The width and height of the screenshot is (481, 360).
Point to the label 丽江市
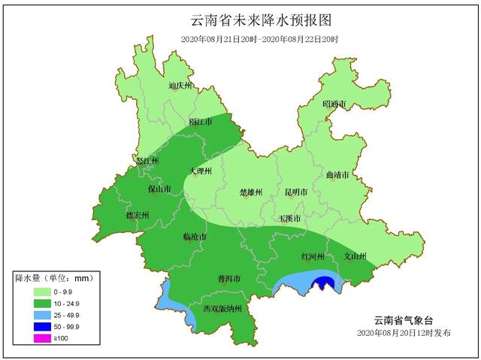click(x=201, y=121)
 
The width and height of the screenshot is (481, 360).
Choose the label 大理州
click(x=201, y=171)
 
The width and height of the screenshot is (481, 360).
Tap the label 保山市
click(x=159, y=189)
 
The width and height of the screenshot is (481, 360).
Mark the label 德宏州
click(x=137, y=215)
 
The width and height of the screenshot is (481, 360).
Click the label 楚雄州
click(x=250, y=192)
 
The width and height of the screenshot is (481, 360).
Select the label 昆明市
click(x=295, y=192)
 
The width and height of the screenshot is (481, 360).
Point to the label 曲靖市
click(x=337, y=175)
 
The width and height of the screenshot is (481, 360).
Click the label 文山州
click(x=354, y=256)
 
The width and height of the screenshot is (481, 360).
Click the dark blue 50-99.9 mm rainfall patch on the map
click(x=323, y=283)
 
